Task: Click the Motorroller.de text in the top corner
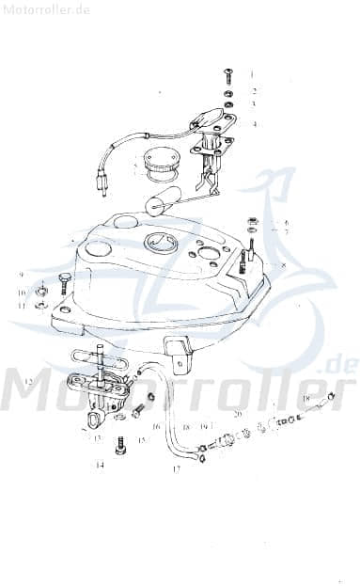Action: coord(46,9)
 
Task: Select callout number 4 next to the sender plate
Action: coord(253,123)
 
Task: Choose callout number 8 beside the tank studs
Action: coord(283,266)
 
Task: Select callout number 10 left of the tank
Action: coord(21,293)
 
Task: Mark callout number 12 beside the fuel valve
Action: coord(29,382)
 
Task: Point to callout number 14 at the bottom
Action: coord(99,465)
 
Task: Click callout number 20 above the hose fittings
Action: coord(238,414)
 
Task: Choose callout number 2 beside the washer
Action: coord(253,91)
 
